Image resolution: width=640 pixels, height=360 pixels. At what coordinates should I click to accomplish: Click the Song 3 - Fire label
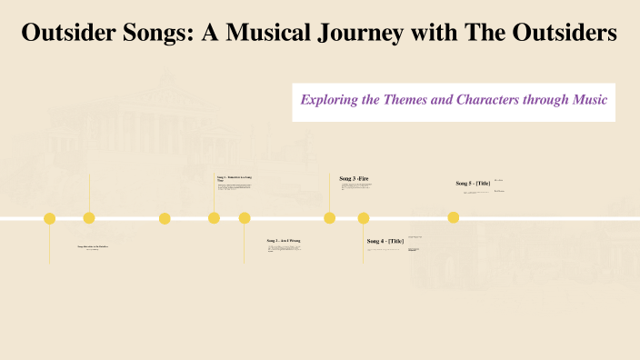pyautogui.click(x=355, y=178)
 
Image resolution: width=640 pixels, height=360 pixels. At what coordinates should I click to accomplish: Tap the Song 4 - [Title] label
pyautogui.click(x=385, y=241)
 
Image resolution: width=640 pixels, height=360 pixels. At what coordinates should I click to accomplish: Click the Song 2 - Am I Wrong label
pyautogui.click(x=284, y=241)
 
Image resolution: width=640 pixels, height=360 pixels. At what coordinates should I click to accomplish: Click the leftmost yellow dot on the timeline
pyautogui.click(x=50, y=218)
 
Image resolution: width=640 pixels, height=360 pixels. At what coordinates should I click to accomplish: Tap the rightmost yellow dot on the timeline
pyautogui.click(x=454, y=217)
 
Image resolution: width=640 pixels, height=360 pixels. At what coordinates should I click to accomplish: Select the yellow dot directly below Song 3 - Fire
pyautogui.click(x=330, y=218)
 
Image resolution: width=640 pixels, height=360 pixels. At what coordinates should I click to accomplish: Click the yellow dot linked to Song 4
pyautogui.click(x=364, y=218)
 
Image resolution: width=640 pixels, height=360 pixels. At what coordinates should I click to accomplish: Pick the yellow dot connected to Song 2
pyautogui.click(x=245, y=218)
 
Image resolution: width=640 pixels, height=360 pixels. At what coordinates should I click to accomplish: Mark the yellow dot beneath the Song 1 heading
pyautogui.click(x=214, y=218)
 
